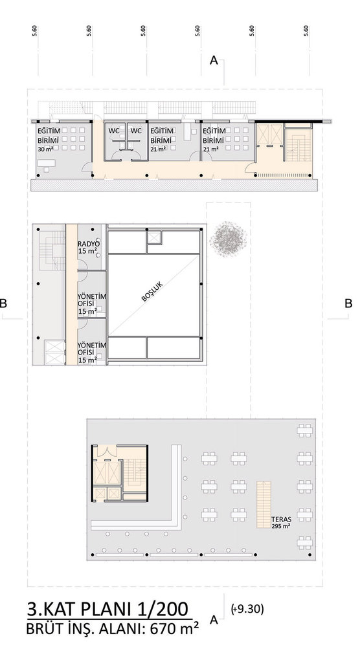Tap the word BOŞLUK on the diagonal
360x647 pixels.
click(x=152, y=292)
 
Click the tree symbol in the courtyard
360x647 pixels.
click(x=229, y=239)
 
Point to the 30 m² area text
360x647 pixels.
click(x=45, y=149)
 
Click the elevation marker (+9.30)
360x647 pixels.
click(x=247, y=609)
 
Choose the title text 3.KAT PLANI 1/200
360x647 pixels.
click(x=107, y=609)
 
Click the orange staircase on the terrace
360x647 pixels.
click(x=264, y=505)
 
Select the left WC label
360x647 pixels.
click(x=115, y=131)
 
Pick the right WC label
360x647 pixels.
click(x=136, y=131)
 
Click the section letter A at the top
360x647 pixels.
click(x=214, y=61)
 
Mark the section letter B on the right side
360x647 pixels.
click(x=348, y=303)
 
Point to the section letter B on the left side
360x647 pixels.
click(x=3, y=303)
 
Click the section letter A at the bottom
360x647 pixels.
click(x=214, y=620)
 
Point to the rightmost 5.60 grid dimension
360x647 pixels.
click(x=306, y=31)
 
